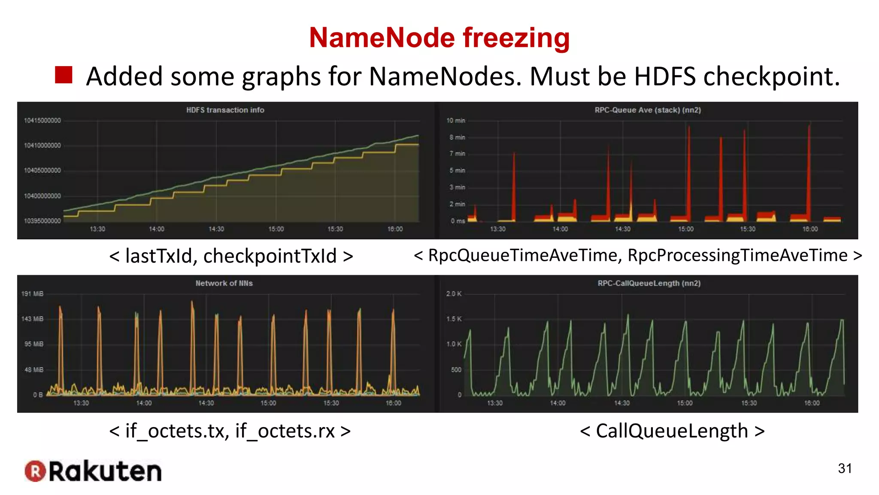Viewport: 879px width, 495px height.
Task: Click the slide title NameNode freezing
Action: pos(439,38)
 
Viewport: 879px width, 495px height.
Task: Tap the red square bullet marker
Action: pos(64,75)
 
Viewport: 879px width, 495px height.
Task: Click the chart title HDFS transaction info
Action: pos(225,110)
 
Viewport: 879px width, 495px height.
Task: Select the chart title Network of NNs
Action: pos(224,283)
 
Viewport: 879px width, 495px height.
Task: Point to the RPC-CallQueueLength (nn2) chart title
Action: pos(649,283)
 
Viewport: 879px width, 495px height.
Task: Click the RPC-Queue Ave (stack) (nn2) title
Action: pos(648,110)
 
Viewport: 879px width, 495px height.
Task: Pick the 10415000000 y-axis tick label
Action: pos(42,121)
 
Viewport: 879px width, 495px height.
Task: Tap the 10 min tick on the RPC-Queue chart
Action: pos(455,121)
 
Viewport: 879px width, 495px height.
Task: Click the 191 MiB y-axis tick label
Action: pos(32,294)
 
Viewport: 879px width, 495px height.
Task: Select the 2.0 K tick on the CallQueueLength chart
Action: pos(454,294)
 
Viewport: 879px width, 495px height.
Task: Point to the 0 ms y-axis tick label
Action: pos(458,221)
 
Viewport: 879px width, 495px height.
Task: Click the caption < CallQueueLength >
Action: pos(672,431)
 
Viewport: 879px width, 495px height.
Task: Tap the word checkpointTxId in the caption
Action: pos(270,256)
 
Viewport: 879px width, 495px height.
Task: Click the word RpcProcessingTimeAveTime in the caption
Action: pos(737,255)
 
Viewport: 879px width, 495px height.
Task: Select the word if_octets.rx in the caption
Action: pos(285,431)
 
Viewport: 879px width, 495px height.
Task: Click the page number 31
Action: pos(845,468)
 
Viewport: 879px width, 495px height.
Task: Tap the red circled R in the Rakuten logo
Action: pos(35,471)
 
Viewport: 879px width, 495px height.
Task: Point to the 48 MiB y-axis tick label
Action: pos(33,370)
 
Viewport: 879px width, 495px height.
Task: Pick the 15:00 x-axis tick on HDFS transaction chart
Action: pos(276,229)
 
